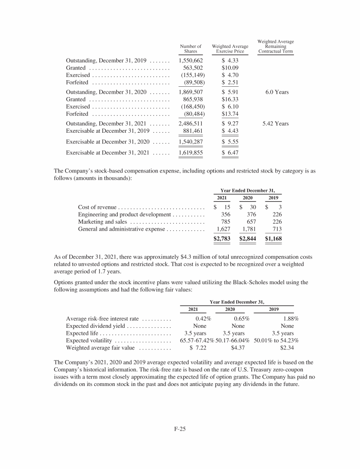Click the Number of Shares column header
coord(190,49)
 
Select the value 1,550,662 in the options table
coord(190,61)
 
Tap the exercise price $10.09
coord(230,68)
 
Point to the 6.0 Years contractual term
coord(276,92)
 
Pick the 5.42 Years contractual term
coord(276,124)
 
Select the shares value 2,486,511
coord(190,124)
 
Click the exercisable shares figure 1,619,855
coord(190,153)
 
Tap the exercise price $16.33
coord(230,99)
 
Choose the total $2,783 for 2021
coord(222,238)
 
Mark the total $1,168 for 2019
coord(273,238)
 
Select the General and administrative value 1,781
coord(248,229)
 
